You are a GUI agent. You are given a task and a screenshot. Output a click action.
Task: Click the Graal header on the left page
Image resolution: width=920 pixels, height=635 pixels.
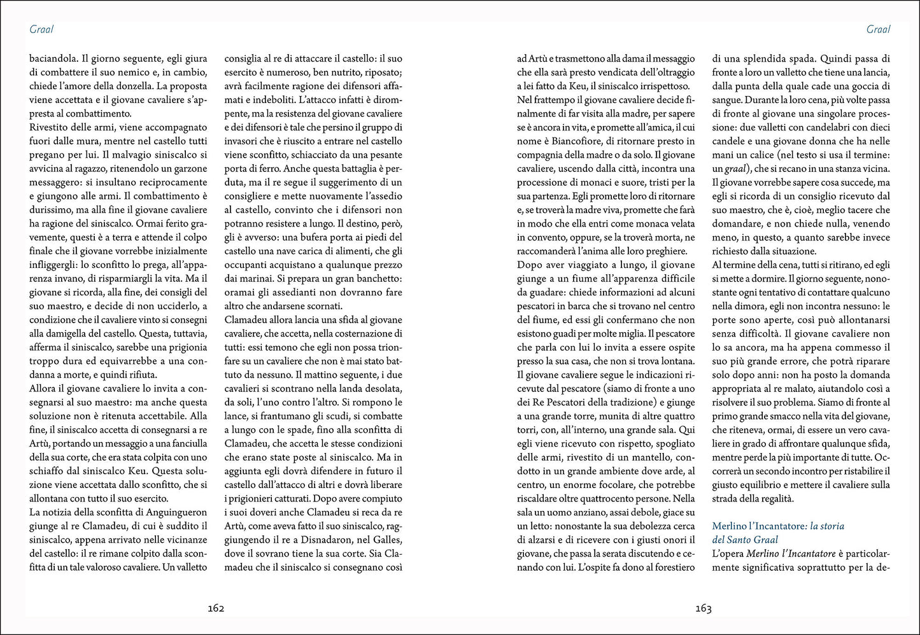tap(41, 29)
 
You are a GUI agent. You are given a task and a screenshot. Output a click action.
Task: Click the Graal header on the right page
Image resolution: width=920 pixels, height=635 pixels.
tap(878, 29)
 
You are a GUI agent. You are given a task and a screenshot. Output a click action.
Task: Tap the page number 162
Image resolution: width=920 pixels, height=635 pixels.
tap(216, 608)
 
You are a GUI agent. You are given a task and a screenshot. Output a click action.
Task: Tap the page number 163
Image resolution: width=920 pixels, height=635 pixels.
tap(703, 608)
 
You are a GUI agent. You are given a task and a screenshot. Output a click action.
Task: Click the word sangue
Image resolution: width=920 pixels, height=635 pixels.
tap(727, 100)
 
